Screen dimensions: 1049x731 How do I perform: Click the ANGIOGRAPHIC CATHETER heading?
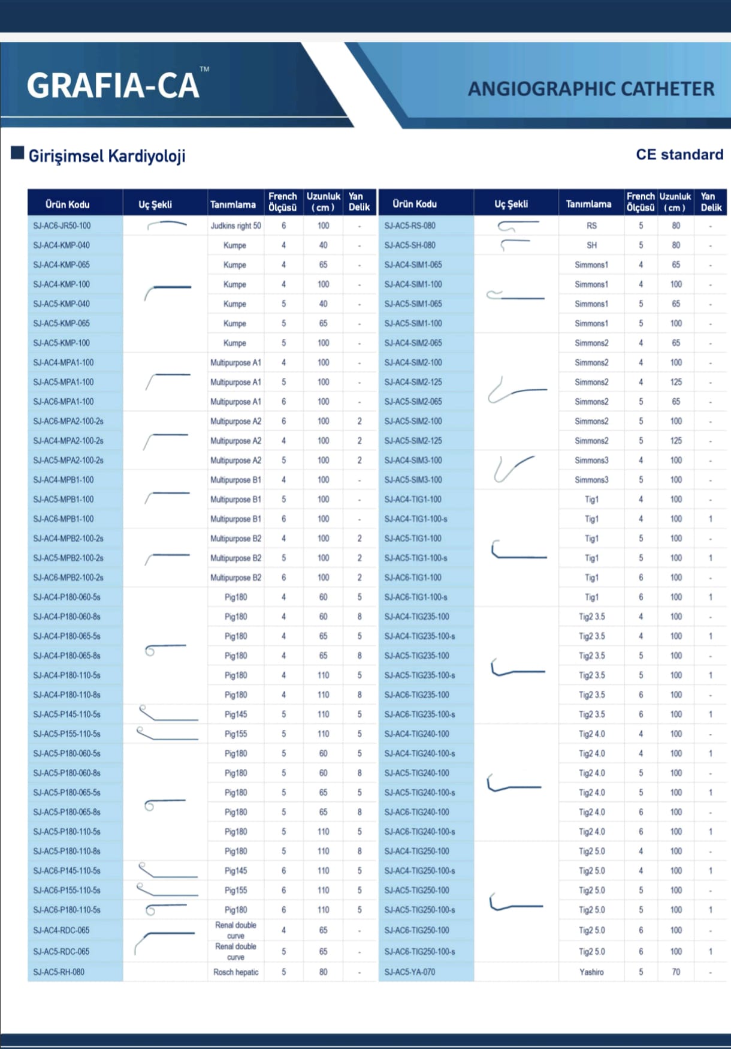pos(591,89)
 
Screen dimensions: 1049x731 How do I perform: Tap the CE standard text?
pos(679,155)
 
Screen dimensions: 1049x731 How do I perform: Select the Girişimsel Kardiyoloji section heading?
pos(107,157)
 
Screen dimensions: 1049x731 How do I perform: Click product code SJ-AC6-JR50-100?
pos(62,226)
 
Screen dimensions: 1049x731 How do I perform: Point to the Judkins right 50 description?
pos(235,226)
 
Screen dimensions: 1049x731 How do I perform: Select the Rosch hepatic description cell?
pos(235,972)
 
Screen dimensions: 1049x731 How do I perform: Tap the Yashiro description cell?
pos(591,972)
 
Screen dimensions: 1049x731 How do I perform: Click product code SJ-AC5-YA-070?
pos(410,972)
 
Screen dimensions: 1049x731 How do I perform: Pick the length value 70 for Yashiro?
pos(676,972)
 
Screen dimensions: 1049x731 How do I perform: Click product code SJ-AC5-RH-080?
pos(59,972)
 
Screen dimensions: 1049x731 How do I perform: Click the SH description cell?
pos(591,245)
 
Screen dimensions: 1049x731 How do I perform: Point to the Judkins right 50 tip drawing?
pos(167,226)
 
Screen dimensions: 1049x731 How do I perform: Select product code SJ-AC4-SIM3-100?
pos(413,461)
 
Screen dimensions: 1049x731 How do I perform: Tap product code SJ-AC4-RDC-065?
pos(61,930)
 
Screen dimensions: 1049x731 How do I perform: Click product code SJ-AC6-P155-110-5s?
pos(67,890)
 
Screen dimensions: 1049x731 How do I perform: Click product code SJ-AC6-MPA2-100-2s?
pos(68,421)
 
